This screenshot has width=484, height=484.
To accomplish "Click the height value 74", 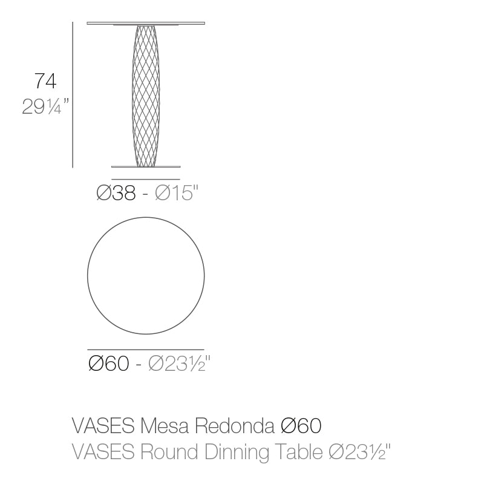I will click(x=46, y=82).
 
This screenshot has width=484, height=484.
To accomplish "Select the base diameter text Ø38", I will click(x=117, y=194).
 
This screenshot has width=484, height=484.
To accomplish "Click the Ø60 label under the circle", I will click(x=108, y=364).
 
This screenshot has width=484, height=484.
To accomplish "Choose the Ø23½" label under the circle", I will click(x=179, y=364).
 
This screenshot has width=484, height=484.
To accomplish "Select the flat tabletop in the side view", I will click(x=146, y=24).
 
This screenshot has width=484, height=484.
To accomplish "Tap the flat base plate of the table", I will click(x=146, y=166).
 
